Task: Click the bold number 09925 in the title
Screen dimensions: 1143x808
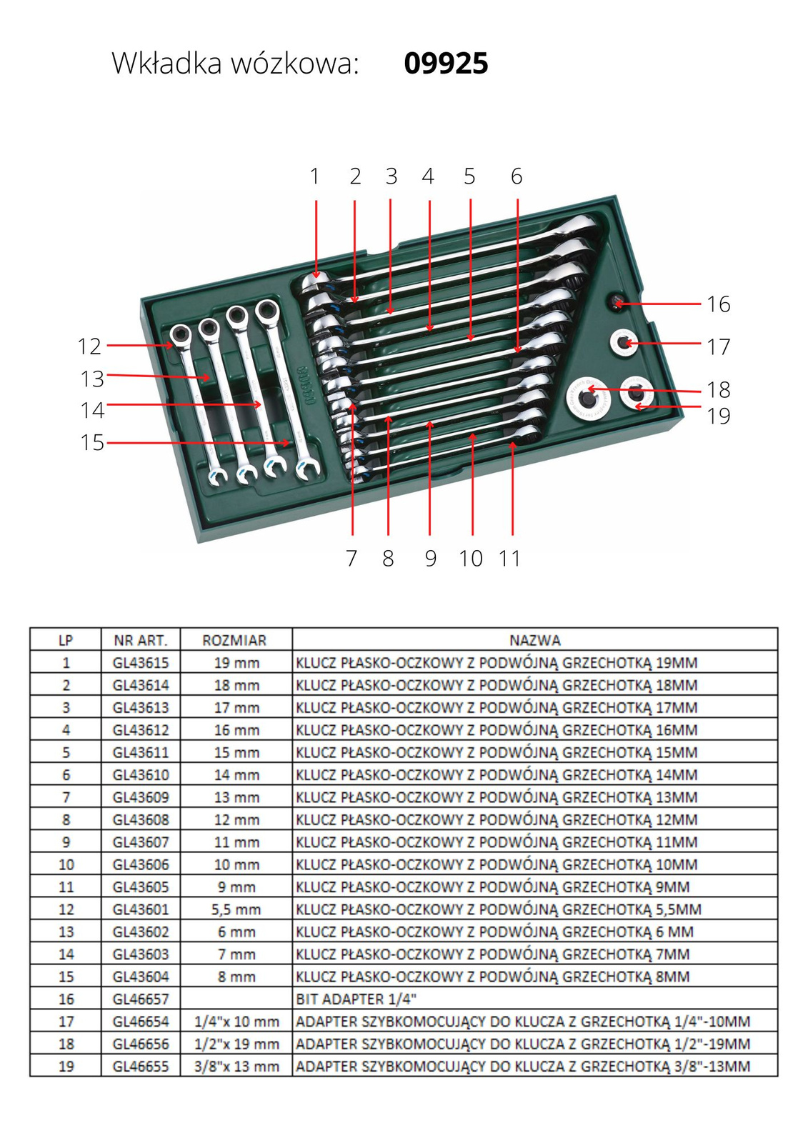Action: click(446, 64)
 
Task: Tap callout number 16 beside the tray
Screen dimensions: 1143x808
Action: click(718, 304)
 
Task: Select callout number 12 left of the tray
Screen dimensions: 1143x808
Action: click(89, 346)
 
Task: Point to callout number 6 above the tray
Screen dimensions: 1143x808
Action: click(517, 176)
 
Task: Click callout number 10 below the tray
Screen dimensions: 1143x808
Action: click(471, 559)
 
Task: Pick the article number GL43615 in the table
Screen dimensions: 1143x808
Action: click(141, 663)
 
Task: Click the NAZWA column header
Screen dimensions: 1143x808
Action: click(534, 640)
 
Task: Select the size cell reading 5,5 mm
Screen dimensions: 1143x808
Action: click(236, 909)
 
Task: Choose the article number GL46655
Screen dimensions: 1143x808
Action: click(141, 1067)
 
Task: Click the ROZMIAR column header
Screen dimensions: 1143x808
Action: click(234, 640)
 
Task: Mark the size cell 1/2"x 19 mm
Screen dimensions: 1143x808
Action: click(236, 1044)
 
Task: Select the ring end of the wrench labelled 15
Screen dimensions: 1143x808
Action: click(267, 310)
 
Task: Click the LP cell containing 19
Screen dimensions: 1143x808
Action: click(66, 1067)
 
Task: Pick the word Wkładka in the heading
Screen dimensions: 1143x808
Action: click(166, 64)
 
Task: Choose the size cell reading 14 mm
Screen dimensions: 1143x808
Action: click(236, 775)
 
